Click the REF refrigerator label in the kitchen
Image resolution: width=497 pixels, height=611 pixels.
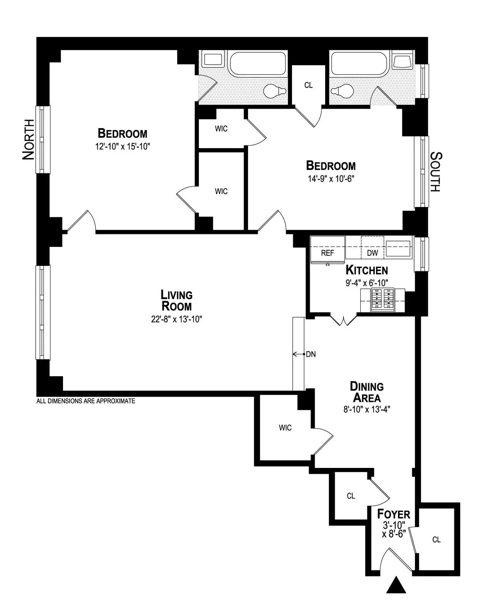327,253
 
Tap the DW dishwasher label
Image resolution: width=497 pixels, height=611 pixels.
372,253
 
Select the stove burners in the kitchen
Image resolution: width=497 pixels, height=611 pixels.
382,300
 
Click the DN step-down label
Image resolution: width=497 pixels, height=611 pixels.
311,354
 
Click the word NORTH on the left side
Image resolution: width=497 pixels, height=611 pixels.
28,139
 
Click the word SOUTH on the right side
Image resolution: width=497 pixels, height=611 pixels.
435,172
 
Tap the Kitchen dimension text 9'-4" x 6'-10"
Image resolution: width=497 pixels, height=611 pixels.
367,283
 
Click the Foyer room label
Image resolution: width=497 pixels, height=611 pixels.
393,514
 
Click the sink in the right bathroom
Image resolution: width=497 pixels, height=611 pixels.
401,61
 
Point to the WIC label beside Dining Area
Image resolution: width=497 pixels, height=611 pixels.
285,428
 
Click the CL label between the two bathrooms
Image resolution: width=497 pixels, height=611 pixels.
308,85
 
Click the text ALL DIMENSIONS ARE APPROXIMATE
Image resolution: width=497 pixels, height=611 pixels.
86,401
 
